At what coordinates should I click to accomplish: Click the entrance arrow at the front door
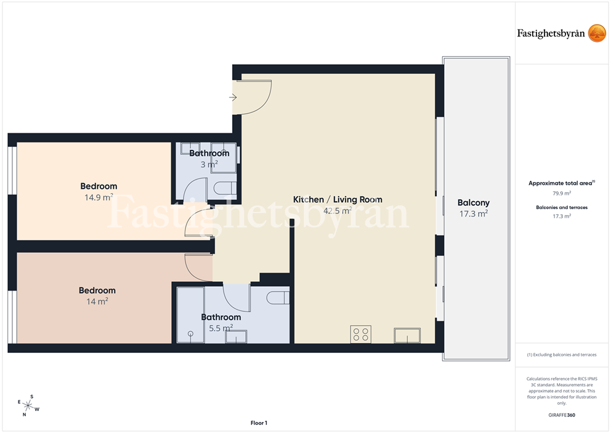click(233, 97)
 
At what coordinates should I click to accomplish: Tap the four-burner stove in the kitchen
click(360, 334)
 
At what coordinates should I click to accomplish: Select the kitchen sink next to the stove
click(407, 336)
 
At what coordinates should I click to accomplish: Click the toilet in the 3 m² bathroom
click(225, 188)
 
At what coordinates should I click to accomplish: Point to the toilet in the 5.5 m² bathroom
click(278, 298)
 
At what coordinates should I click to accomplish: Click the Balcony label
click(474, 202)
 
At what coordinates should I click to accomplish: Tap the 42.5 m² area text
click(338, 211)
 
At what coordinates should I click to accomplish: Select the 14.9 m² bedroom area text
click(99, 197)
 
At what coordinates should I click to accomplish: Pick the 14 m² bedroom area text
click(97, 301)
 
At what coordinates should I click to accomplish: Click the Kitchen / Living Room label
click(338, 199)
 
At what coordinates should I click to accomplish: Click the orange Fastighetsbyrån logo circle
click(597, 33)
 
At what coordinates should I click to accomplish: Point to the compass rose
click(28, 406)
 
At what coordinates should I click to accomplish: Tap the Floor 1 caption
click(259, 423)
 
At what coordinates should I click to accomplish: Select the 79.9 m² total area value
click(562, 193)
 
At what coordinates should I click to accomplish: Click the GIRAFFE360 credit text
click(562, 415)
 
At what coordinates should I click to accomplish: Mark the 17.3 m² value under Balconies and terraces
click(562, 216)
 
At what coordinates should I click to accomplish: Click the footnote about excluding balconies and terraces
click(562, 355)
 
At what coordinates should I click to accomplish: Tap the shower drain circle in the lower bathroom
click(190, 334)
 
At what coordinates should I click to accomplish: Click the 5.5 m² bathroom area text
click(221, 328)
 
